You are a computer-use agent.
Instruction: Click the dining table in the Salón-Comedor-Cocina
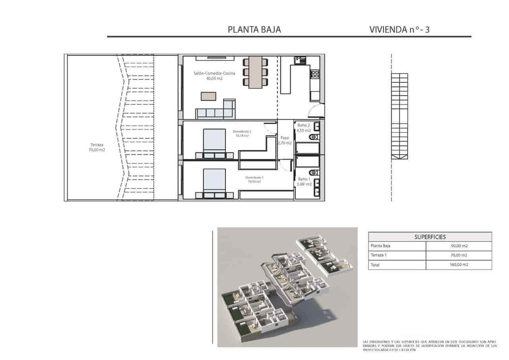255,72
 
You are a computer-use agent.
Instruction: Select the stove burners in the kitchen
315,74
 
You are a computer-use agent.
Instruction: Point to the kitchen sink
299,60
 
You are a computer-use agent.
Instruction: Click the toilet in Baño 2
313,137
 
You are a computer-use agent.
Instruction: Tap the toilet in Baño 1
314,173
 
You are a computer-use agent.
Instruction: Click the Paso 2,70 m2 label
285,140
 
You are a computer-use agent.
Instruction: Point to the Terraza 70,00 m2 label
97,148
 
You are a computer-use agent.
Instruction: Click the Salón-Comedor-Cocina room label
214,76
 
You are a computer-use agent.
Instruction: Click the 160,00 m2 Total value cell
459,265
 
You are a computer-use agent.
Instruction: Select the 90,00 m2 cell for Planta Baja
459,246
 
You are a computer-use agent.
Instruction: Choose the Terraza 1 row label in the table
379,255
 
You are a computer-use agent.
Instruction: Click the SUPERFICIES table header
430,237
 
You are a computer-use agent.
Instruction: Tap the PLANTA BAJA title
254,29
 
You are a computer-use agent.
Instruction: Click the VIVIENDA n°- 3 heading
399,29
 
